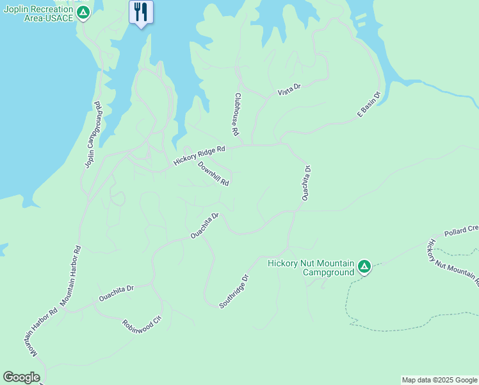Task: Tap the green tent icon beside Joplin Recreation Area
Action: click(83, 13)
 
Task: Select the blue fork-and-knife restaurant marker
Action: click(141, 12)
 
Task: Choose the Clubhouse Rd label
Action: click(236, 114)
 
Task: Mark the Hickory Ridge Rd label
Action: click(200, 156)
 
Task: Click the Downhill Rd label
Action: click(213, 173)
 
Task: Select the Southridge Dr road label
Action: click(233, 292)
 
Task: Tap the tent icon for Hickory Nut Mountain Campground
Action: click(364, 266)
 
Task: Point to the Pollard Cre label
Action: click(461, 230)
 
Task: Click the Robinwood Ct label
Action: click(142, 321)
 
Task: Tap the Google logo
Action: click(21, 377)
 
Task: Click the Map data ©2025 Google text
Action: click(439, 380)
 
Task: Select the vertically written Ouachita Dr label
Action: click(306, 183)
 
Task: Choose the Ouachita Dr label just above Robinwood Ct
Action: click(115, 293)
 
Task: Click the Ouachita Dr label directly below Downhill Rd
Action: click(205, 227)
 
